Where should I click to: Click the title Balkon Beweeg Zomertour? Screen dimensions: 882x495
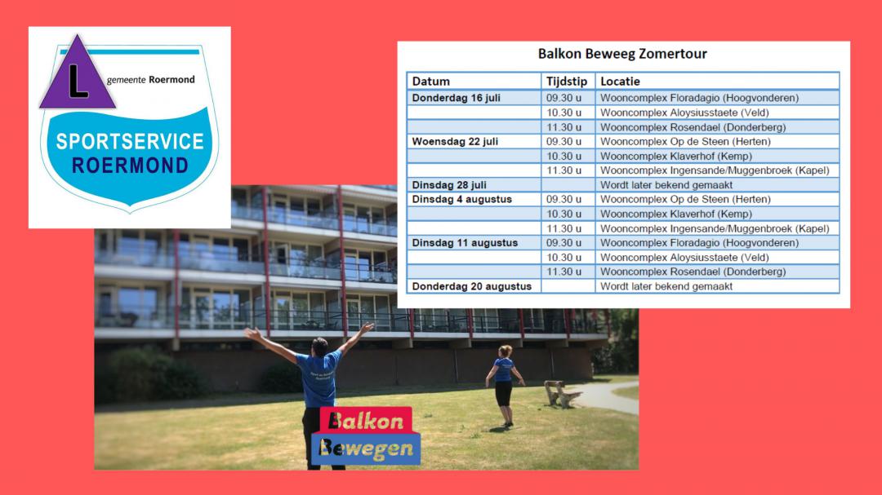point(622,54)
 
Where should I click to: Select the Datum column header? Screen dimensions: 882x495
point(431,82)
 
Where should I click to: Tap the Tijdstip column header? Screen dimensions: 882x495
point(567,82)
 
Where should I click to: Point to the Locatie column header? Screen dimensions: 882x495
point(620,82)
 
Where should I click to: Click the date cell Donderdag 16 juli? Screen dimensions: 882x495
point(456,98)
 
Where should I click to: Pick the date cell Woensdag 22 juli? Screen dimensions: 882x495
point(455,142)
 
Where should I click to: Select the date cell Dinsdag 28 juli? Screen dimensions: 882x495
point(449,185)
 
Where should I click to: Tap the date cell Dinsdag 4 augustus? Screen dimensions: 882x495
point(461,200)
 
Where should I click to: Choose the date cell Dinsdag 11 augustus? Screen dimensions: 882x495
point(465,243)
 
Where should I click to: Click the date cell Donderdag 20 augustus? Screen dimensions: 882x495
point(471,286)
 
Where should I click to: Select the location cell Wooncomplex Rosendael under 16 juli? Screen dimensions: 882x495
point(693,127)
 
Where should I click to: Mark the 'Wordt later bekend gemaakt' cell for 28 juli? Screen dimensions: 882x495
point(666,185)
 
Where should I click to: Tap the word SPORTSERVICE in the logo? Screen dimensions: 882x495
point(130,142)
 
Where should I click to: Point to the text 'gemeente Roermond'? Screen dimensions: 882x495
point(151,80)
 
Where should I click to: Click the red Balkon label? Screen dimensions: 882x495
point(366,420)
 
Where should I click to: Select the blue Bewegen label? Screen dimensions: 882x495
point(366,449)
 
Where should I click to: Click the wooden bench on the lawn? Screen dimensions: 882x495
point(561,393)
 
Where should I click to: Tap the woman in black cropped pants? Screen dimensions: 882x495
point(504,385)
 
